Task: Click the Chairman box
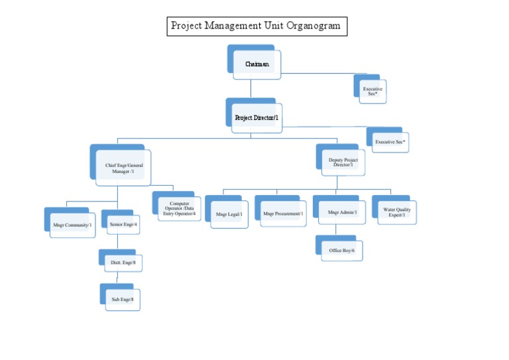click(256, 64)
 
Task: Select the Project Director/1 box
click(256, 118)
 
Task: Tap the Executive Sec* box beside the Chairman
click(372, 91)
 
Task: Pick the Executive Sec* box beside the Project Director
click(390, 142)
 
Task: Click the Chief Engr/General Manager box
click(123, 168)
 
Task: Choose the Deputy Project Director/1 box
click(343, 162)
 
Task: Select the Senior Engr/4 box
click(123, 225)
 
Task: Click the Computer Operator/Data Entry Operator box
click(179, 209)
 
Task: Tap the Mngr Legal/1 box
click(229, 214)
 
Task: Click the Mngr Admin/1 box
click(341, 213)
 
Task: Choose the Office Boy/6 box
click(342, 251)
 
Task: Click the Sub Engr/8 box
click(123, 300)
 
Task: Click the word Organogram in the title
click(311, 27)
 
